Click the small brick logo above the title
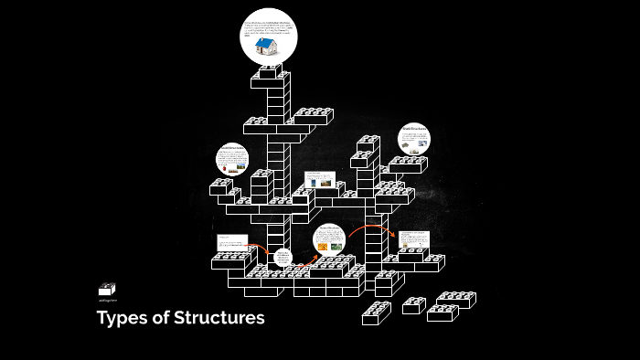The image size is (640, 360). pos(107,289)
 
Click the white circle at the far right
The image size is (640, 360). pos(414,139)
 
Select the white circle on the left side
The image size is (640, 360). pos(232,159)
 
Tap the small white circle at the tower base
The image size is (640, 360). pos(283,259)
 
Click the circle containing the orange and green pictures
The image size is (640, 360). pos(329,239)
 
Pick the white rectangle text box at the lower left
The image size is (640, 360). pos(232,243)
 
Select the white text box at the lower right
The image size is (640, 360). pos(413,240)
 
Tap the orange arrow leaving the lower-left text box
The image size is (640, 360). pos(261,249)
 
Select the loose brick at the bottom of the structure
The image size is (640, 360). pos(376,313)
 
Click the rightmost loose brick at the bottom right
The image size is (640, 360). pos(456,299)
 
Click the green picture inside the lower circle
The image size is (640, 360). pos(336,245)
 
